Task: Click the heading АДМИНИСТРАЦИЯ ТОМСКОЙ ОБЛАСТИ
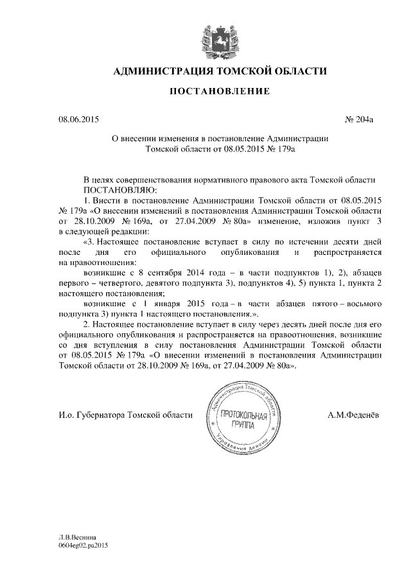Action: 220,71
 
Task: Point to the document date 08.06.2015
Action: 78,119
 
